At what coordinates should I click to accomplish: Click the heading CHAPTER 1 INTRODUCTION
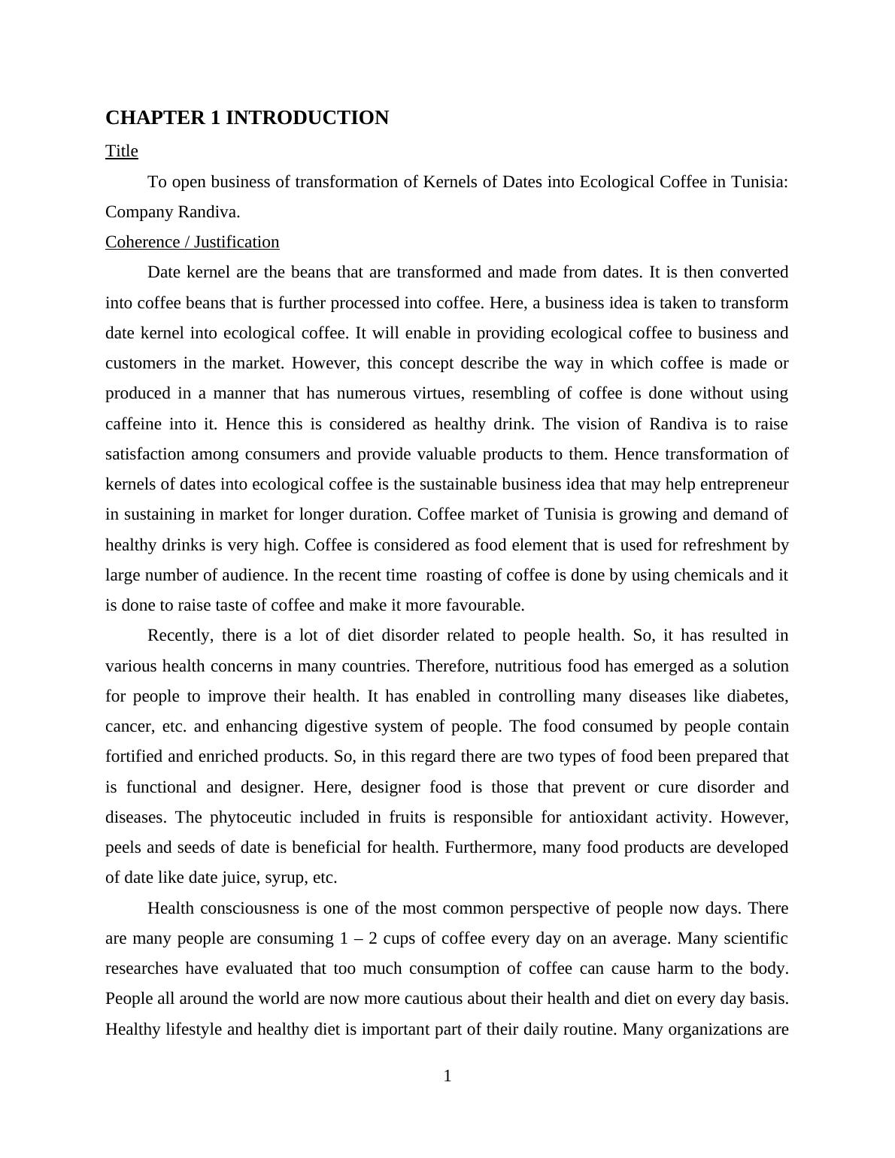247,118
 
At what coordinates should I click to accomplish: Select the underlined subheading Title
122,151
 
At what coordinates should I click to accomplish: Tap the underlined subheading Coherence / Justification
192,242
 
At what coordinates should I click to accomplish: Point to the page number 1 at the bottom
447,1076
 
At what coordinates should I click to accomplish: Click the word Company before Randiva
139,212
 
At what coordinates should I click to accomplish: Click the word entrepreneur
744,484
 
